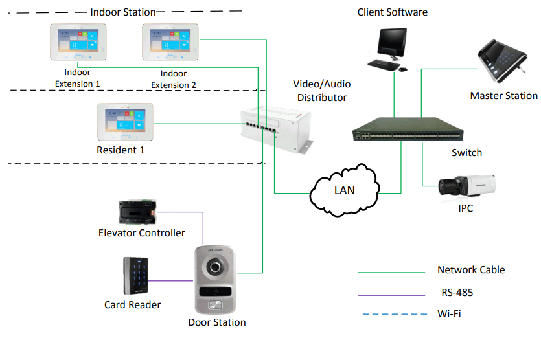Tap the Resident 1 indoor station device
(124, 122)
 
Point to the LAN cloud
(344, 190)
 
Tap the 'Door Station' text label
(217, 322)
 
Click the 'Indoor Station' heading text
(123, 12)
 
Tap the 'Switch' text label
(466, 153)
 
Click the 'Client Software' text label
(393, 12)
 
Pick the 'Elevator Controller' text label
(141, 232)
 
